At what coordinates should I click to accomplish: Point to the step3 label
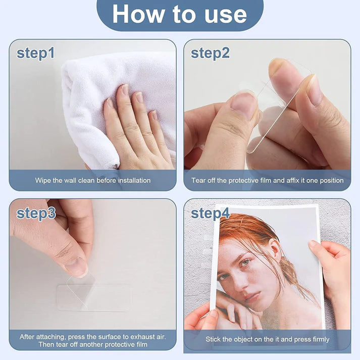[36, 213]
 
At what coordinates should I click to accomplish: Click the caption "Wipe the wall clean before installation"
[93, 180]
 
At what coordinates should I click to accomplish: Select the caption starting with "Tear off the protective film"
[267, 180]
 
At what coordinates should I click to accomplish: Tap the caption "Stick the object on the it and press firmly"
[267, 339]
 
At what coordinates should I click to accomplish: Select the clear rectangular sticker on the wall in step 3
[93, 297]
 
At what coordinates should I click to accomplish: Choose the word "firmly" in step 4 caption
[319, 339]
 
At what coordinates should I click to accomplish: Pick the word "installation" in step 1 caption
[133, 180]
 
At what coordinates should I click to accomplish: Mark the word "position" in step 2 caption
[331, 180]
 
